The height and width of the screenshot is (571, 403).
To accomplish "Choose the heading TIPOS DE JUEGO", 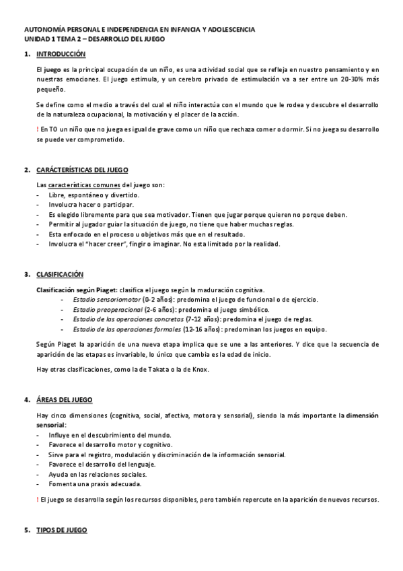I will click(61, 531).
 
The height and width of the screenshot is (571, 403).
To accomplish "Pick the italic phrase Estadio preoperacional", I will click(104, 309).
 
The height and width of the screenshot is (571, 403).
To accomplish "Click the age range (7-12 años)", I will click(201, 319).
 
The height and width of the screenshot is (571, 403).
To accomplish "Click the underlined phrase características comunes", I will click(79, 184).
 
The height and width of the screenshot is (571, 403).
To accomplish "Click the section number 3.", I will click(26, 274).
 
